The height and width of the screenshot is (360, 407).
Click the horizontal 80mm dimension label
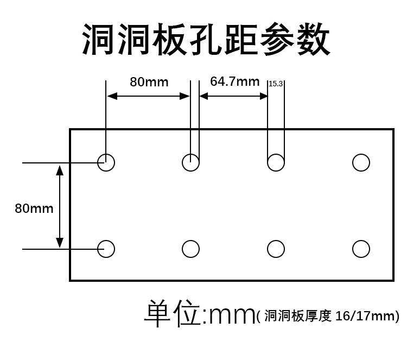[149, 82]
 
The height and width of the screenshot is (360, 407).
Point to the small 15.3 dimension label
[276, 84]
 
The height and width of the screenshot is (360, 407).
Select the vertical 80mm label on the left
[34, 207]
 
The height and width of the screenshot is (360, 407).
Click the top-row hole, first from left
[106, 162]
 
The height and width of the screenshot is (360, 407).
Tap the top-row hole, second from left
[191, 162]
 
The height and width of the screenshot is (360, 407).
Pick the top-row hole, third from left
[276, 162]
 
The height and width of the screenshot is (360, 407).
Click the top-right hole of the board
[361, 162]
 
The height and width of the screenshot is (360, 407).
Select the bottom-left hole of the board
[106, 249]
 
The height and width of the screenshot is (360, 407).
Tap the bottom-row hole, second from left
[191, 249]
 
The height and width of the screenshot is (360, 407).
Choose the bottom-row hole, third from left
[276, 249]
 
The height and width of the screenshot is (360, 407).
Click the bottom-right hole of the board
[361, 249]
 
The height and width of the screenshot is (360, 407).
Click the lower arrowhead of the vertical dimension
[60, 242]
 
